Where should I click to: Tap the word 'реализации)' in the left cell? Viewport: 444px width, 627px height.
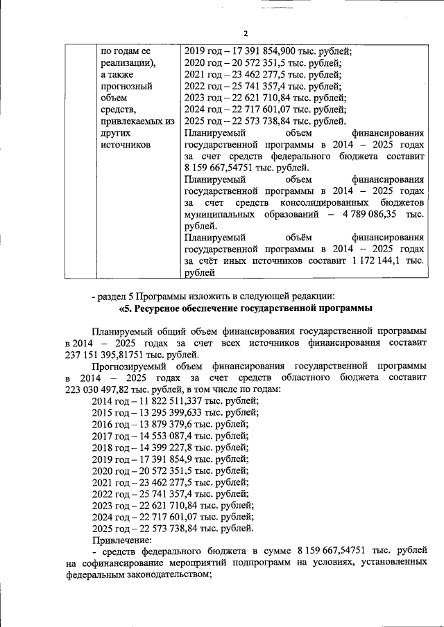point(128,63)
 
